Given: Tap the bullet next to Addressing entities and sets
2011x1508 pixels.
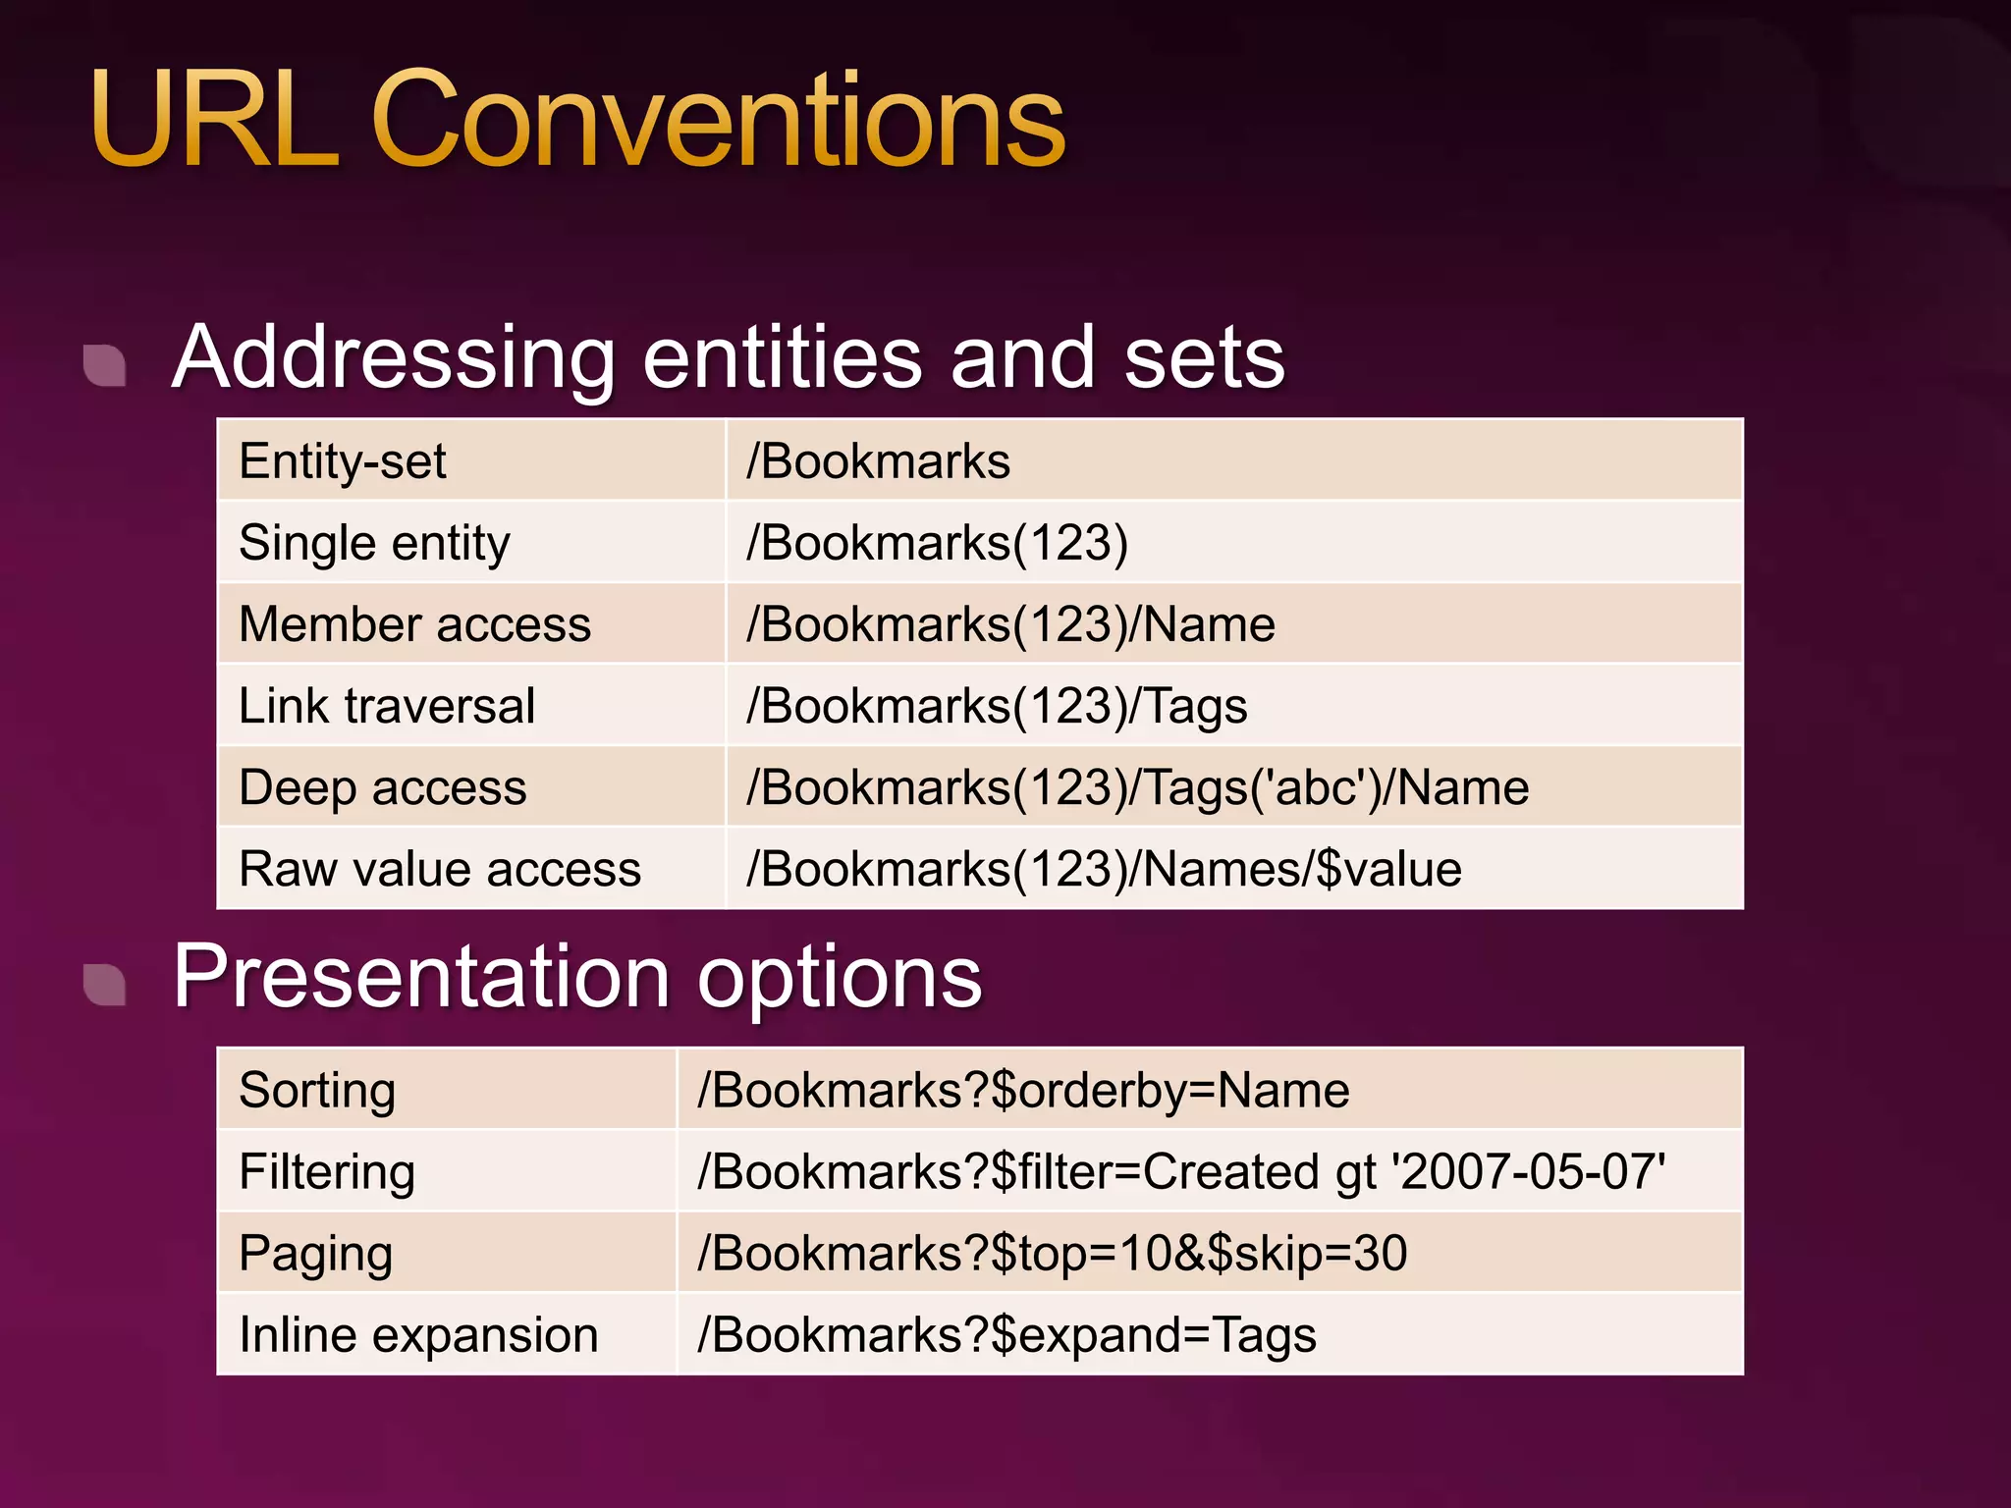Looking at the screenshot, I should [105, 365].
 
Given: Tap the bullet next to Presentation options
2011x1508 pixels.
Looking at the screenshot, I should [105, 985].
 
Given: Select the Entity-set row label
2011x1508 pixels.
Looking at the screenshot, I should [342, 461].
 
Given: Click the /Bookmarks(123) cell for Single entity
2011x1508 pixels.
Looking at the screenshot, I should [937, 543].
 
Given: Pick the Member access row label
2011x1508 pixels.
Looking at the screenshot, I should [414, 624].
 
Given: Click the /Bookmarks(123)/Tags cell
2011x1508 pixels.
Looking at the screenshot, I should [997, 706].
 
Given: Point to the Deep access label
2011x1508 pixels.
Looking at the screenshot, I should [383, 787].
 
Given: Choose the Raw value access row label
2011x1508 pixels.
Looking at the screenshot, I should [440, 870].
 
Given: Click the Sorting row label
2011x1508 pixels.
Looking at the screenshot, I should [317, 1091].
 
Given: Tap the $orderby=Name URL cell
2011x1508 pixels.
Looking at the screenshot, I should [1023, 1091].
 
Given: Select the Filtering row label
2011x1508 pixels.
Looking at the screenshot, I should [327, 1172].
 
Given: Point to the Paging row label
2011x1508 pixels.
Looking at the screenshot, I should [315, 1254].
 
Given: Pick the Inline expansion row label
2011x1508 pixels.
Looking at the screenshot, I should [418, 1335].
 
